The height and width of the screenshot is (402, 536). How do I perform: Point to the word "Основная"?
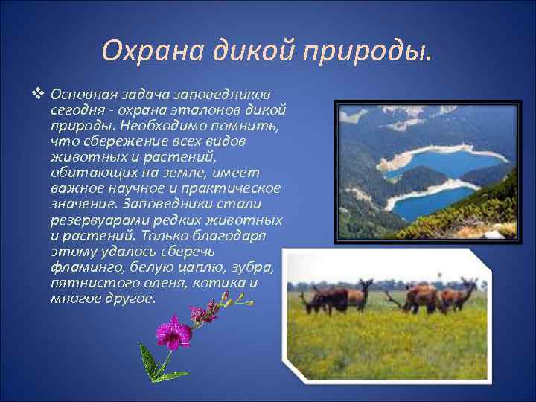pos(79,95)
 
